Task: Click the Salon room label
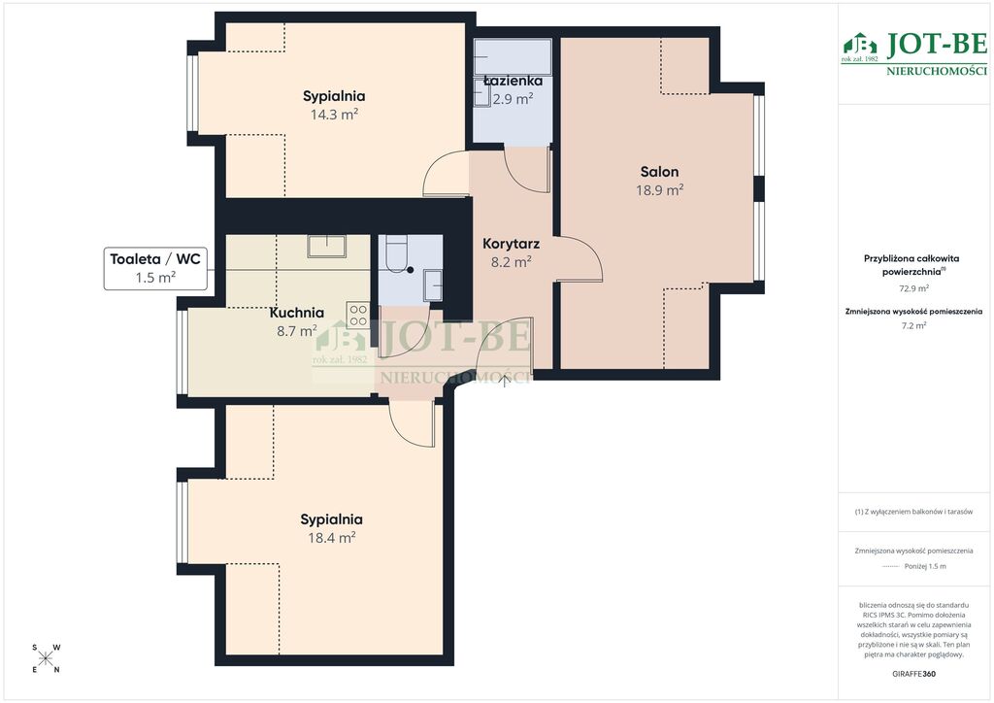pos(659,171)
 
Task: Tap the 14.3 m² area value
pos(334,115)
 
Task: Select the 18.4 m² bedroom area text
pos(332,538)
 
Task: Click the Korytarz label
pos(511,244)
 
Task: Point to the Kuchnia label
pos(297,313)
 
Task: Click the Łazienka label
pos(513,81)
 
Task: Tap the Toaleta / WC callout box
pos(155,268)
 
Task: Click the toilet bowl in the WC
pos(397,253)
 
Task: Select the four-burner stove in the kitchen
pos(358,315)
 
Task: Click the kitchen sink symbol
pos(326,246)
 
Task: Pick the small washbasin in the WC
pos(433,285)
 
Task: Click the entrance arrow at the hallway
pos(505,380)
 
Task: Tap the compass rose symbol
pos(46,658)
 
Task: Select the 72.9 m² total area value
pos(913,288)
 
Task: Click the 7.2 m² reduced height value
pos(913,326)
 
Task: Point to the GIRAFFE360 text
pos(913,674)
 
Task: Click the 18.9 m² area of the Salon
pos(659,190)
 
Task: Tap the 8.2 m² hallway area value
pos(511,262)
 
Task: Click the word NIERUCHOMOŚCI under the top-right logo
pos(937,71)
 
